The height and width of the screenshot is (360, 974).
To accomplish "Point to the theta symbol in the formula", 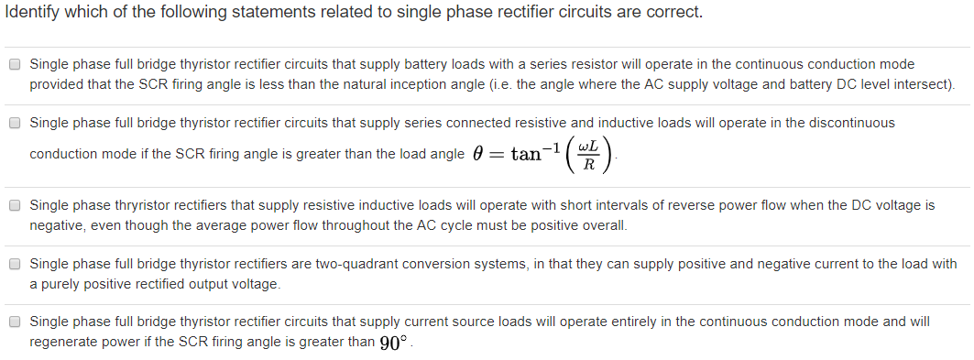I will [x=476, y=154].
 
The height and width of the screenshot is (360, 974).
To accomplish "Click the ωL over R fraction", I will [x=591, y=154].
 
